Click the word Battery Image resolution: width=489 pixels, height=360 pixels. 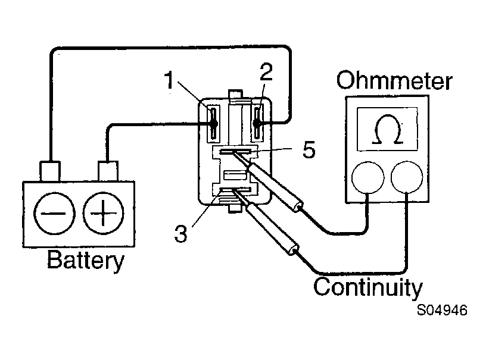[x=85, y=260]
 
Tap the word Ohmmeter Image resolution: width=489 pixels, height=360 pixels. [x=394, y=80]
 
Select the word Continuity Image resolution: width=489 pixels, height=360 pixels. [x=368, y=287]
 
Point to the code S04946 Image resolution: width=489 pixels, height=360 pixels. [x=442, y=310]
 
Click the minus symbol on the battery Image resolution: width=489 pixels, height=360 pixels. [x=54, y=214]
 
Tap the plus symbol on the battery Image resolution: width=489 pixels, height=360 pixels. [x=103, y=214]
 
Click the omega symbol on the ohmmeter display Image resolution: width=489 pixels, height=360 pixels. [x=387, y=130]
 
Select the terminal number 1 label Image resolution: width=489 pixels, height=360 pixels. [x=169, y=80]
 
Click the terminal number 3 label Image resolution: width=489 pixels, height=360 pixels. [x=181, y=233]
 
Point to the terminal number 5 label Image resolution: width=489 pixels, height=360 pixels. [x=309, y=149]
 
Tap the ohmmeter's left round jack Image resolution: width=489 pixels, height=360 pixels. [x=367, y=178]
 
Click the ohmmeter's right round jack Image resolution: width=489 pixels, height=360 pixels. [x=407, y=177]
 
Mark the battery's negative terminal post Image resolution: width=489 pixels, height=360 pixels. [x=50, y=171]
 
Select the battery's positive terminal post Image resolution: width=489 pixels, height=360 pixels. [x=108, y=171]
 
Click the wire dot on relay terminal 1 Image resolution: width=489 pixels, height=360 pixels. [x=214, y=124]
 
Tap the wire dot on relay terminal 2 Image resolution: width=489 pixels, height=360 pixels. [x=257, y=123]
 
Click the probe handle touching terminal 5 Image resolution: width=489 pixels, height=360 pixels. [x=275, y=187]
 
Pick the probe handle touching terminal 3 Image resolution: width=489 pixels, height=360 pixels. [x=272, y=228]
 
